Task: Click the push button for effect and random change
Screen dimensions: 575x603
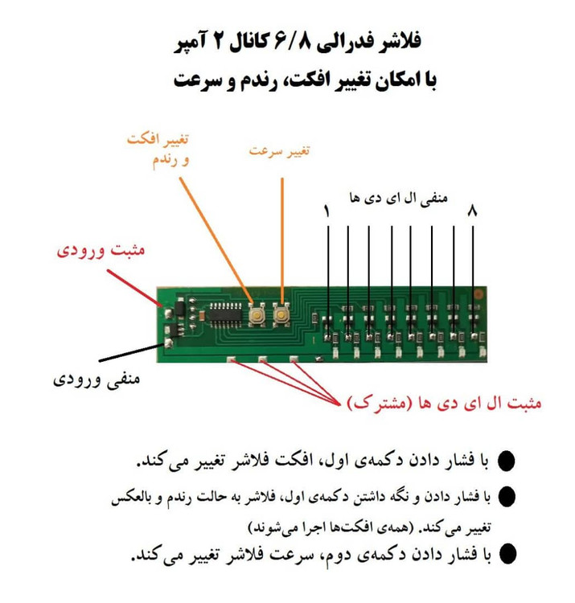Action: pyautogui.click(x=257, y=315)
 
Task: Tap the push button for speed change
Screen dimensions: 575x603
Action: pyautogui.click(x=281, y=315)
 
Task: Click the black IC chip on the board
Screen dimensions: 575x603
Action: pyautogui.click(x=225, y=314)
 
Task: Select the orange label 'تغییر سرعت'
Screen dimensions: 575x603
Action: pyautogui.click(x=279, y=150)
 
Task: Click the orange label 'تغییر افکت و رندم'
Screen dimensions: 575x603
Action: pyautogui.click(x=158, y=150)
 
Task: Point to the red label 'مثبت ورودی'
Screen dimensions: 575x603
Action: pyautogui.click(x=101, y=250)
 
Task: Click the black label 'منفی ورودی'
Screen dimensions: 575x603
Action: pyautogui.click(x=97, y=379)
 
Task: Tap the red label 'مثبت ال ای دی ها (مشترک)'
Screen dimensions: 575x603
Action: pyautogui.click(x=444, y=403)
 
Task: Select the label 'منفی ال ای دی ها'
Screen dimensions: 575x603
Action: pyautogui.click(x=399, y=198)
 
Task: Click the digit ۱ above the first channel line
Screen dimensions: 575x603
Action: pyautogui.click(x=327, y=211)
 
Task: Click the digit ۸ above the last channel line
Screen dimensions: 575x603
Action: pyautogui.click(x=473, y=211)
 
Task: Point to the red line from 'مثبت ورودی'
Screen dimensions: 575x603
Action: pyautogui.click(x=134, y=288)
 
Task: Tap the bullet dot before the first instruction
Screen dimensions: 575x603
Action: pyautogui.click(x=507, y=461)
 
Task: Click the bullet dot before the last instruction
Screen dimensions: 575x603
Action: pyautogui.click(x=507, y=554)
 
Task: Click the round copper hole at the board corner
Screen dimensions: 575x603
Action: pyautogui.click(x=478, y=294)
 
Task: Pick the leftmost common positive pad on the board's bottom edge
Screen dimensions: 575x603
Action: pyautogui.click(x=232, y=360)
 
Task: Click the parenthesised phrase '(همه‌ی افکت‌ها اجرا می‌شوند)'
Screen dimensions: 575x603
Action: pyautogui.click(x=329, y=527)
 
